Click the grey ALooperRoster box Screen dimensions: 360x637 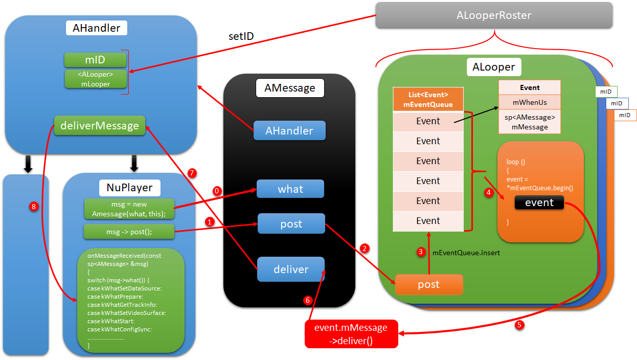tap(494, 15)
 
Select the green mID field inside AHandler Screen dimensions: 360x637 tap(95, 60)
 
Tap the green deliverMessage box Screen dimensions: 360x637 tap(99, 126)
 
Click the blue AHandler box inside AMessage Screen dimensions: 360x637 tap(289, 131)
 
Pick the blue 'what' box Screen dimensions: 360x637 tap(290, 189)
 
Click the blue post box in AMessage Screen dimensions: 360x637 tap(291, 224)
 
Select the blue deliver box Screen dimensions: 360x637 tap(291, 269)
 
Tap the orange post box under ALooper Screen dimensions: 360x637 tap(428, 285)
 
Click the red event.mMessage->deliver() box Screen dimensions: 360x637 tap(351, 333)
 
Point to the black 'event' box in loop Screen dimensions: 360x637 tap(539, 202)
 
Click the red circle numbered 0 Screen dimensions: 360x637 tap(217, 191)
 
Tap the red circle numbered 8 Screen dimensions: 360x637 tap(34, 207)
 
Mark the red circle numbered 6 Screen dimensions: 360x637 tap(308, 301)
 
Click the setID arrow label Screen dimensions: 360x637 tap(241, 37)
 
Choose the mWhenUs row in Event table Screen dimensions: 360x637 tap(530, 102)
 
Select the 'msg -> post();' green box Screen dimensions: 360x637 tap(129, 232)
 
